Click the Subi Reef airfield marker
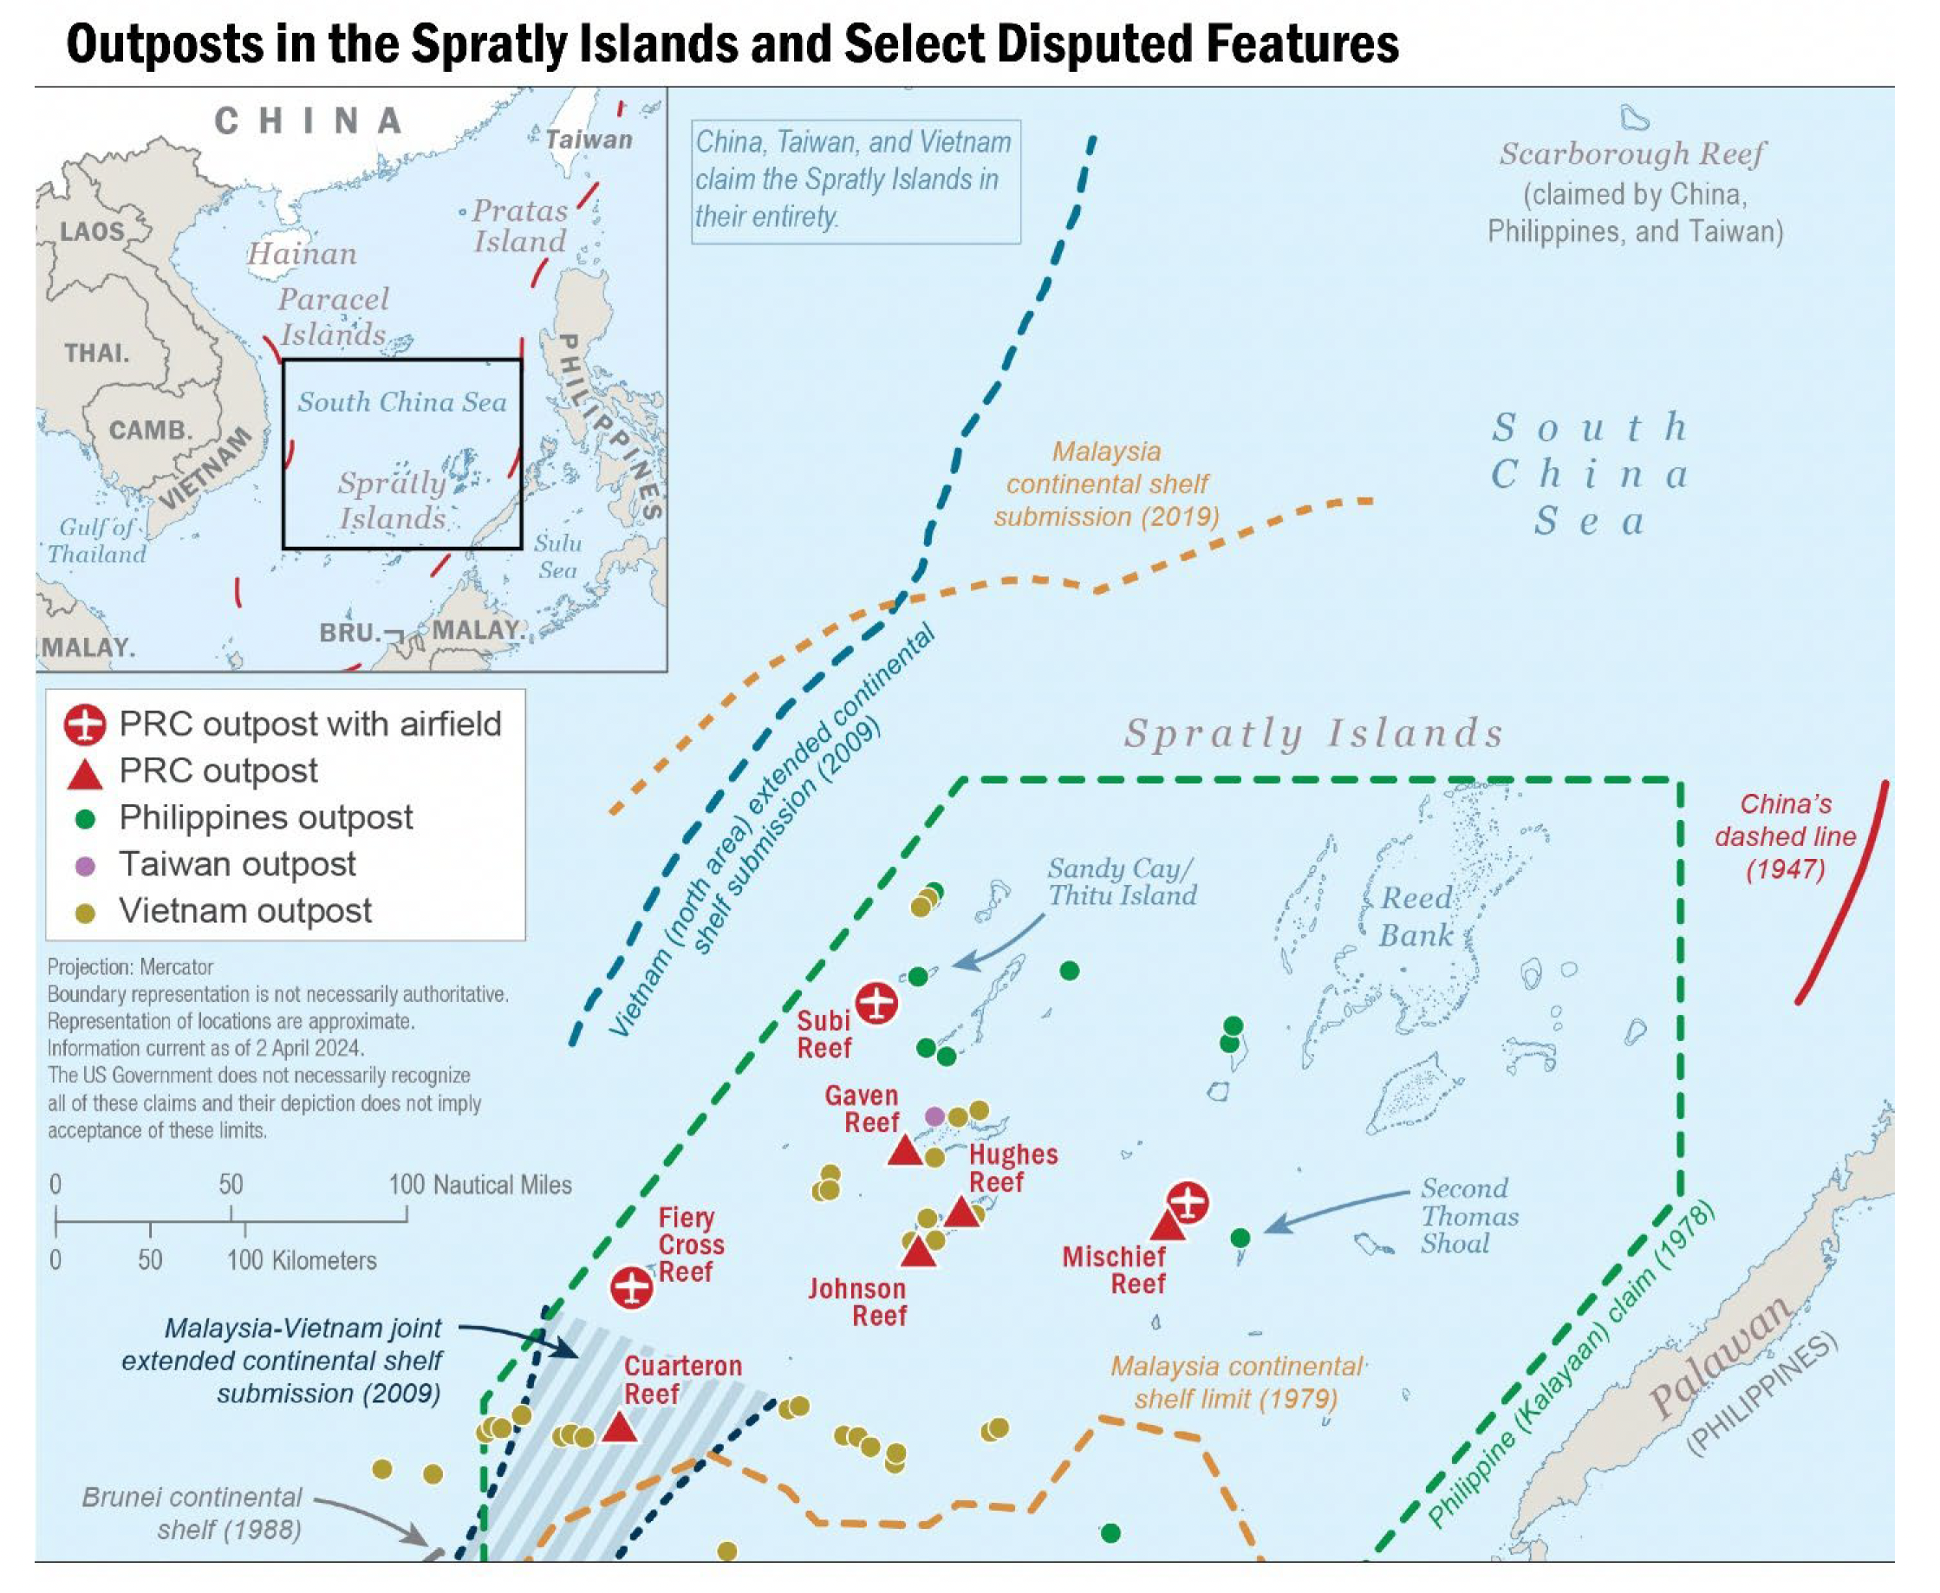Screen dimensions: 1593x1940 pos(876,1003)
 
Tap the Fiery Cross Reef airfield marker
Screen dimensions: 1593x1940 pos(631,1287)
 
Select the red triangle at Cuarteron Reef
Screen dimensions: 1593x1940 pos(620,1427)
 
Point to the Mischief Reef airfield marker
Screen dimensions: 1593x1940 pos(1188,1202)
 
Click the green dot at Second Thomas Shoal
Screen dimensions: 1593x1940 pos(1240,1238)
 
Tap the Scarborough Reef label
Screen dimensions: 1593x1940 pos(1631,154)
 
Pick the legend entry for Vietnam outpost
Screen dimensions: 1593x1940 pos(245,911)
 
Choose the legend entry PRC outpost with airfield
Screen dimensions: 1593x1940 pos(309,724)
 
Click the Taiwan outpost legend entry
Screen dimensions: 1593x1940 pos(237,864)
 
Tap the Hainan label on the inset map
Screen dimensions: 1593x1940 pos(302,253)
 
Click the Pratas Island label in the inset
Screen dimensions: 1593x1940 pos(520,225)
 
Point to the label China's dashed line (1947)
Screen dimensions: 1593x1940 pos(1785,836)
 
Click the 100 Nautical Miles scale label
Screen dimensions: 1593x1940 pos(479,1185)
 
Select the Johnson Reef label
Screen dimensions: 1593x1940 pos(857,1302)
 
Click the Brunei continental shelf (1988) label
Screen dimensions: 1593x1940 pos(192,1513)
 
